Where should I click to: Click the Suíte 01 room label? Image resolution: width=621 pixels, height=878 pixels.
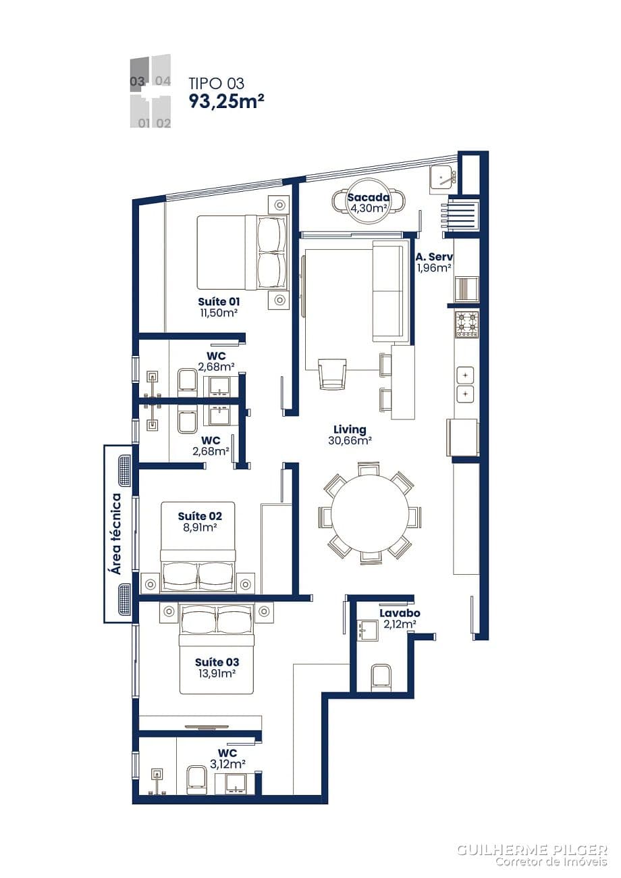coord(219,301)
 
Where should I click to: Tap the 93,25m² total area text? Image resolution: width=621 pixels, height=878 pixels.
coord(226,101)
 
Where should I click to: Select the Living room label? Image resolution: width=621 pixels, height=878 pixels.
coord(350,429)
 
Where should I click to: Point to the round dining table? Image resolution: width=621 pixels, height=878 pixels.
coord(369,513)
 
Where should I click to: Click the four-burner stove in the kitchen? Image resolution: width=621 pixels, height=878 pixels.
coord(466,324)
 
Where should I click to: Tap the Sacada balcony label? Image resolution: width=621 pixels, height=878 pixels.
coord(369,197)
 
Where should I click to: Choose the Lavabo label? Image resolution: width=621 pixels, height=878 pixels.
coord(400,613)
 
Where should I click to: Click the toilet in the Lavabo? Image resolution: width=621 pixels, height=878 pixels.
coord(381,677)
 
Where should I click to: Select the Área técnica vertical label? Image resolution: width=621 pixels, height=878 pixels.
coord(116,534)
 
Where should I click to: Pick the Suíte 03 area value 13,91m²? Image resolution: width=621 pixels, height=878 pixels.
coord(217,673)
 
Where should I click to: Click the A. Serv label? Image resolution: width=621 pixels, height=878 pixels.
coord(434,257)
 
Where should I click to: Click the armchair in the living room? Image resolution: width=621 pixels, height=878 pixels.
coord(332,374)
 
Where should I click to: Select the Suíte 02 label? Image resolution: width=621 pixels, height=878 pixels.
coord(200,516)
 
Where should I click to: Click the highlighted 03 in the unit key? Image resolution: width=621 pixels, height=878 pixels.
coord(138,82)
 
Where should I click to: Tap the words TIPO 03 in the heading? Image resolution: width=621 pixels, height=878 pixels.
coord(216,83)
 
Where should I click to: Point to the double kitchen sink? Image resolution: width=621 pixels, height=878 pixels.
coord(466,384)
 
